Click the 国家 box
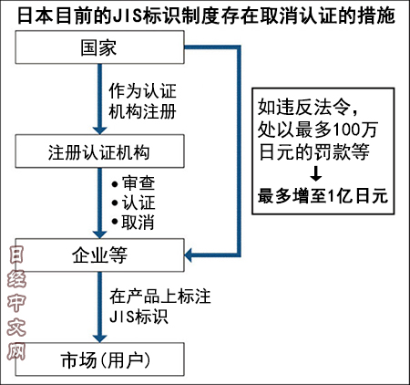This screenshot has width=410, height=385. [x=99, y=47]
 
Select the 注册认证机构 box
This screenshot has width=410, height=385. [x=99, y=151]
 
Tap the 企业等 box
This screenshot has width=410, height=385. [x=99, y=255]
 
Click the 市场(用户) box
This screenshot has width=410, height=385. [x=99, y=359]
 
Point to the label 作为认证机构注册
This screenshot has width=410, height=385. [x=142, y=101]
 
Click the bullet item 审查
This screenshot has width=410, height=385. [x=133, y=183]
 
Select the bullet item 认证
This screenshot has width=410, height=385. [x=133, y=203]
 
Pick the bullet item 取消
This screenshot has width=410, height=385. [x=133, y=222]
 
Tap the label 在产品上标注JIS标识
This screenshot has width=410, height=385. [x=160, y=307]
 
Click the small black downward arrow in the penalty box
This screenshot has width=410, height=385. [x=316, y=173]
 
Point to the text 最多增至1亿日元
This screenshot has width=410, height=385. [x=323, y=196]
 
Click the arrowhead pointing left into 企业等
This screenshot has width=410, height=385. [x=189, y=255]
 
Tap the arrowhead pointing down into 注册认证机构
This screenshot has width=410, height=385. [x=99, y=130]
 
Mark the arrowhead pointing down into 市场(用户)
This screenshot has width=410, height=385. [x=99, y=338]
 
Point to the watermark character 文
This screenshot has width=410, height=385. [x=16, y=327]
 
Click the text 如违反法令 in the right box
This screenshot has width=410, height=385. [x=304, y=107]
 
